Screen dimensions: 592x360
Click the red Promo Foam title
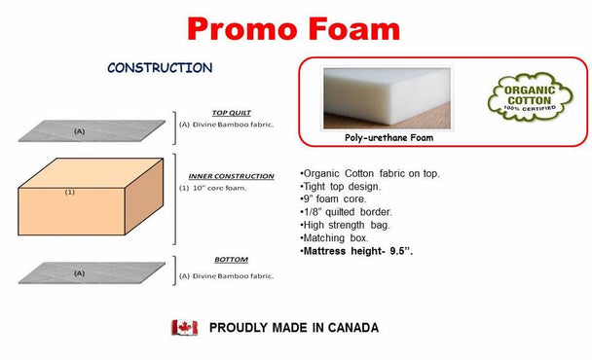pos(294,29)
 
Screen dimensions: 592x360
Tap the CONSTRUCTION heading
pos(160,68)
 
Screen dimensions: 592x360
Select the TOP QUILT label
pos(232,113)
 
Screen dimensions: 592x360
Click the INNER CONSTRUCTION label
pos(231,176)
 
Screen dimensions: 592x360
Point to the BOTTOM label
pos(231,260)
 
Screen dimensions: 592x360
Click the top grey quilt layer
pos(92,131)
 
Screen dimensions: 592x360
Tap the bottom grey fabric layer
pos(92,272)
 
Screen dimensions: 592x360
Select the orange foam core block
pos(91,197)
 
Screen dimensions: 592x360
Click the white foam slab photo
pos(387,98)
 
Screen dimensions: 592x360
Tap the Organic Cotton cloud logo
pos(530,97)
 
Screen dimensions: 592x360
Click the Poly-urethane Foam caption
pos(388,138)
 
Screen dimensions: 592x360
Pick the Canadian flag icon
pos(185,328)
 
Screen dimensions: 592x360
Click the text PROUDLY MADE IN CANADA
pos(294,328)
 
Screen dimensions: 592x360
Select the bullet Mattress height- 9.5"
pos(356,251)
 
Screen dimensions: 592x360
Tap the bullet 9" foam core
pos(333,199)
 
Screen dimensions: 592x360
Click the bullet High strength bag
pos(345,226)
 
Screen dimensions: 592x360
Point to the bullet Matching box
pos(334,238)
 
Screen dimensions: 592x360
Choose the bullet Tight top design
pos(341,187)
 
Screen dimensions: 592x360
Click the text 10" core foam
pos(219,188)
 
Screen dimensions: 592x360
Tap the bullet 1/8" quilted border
pos(347,212)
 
